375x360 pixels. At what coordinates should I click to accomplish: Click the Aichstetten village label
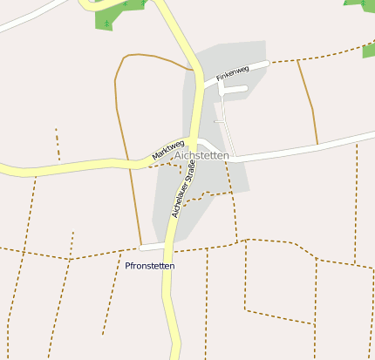[201, 155]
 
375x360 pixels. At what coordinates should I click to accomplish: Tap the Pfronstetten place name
[150, 266]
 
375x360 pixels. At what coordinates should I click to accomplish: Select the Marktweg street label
[168, 149]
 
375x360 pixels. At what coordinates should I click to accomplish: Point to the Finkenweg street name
[233, 73]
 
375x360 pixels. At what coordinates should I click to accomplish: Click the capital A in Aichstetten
[178, 155]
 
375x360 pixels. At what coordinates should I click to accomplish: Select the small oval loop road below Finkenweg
[235, 88]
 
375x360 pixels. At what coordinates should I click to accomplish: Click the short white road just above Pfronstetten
[152, 248]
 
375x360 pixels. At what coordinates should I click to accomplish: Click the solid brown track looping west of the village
[117, 96]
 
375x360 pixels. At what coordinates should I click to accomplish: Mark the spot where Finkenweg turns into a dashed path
[269, 63]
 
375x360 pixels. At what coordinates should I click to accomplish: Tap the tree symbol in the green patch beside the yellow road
[107, 24]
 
